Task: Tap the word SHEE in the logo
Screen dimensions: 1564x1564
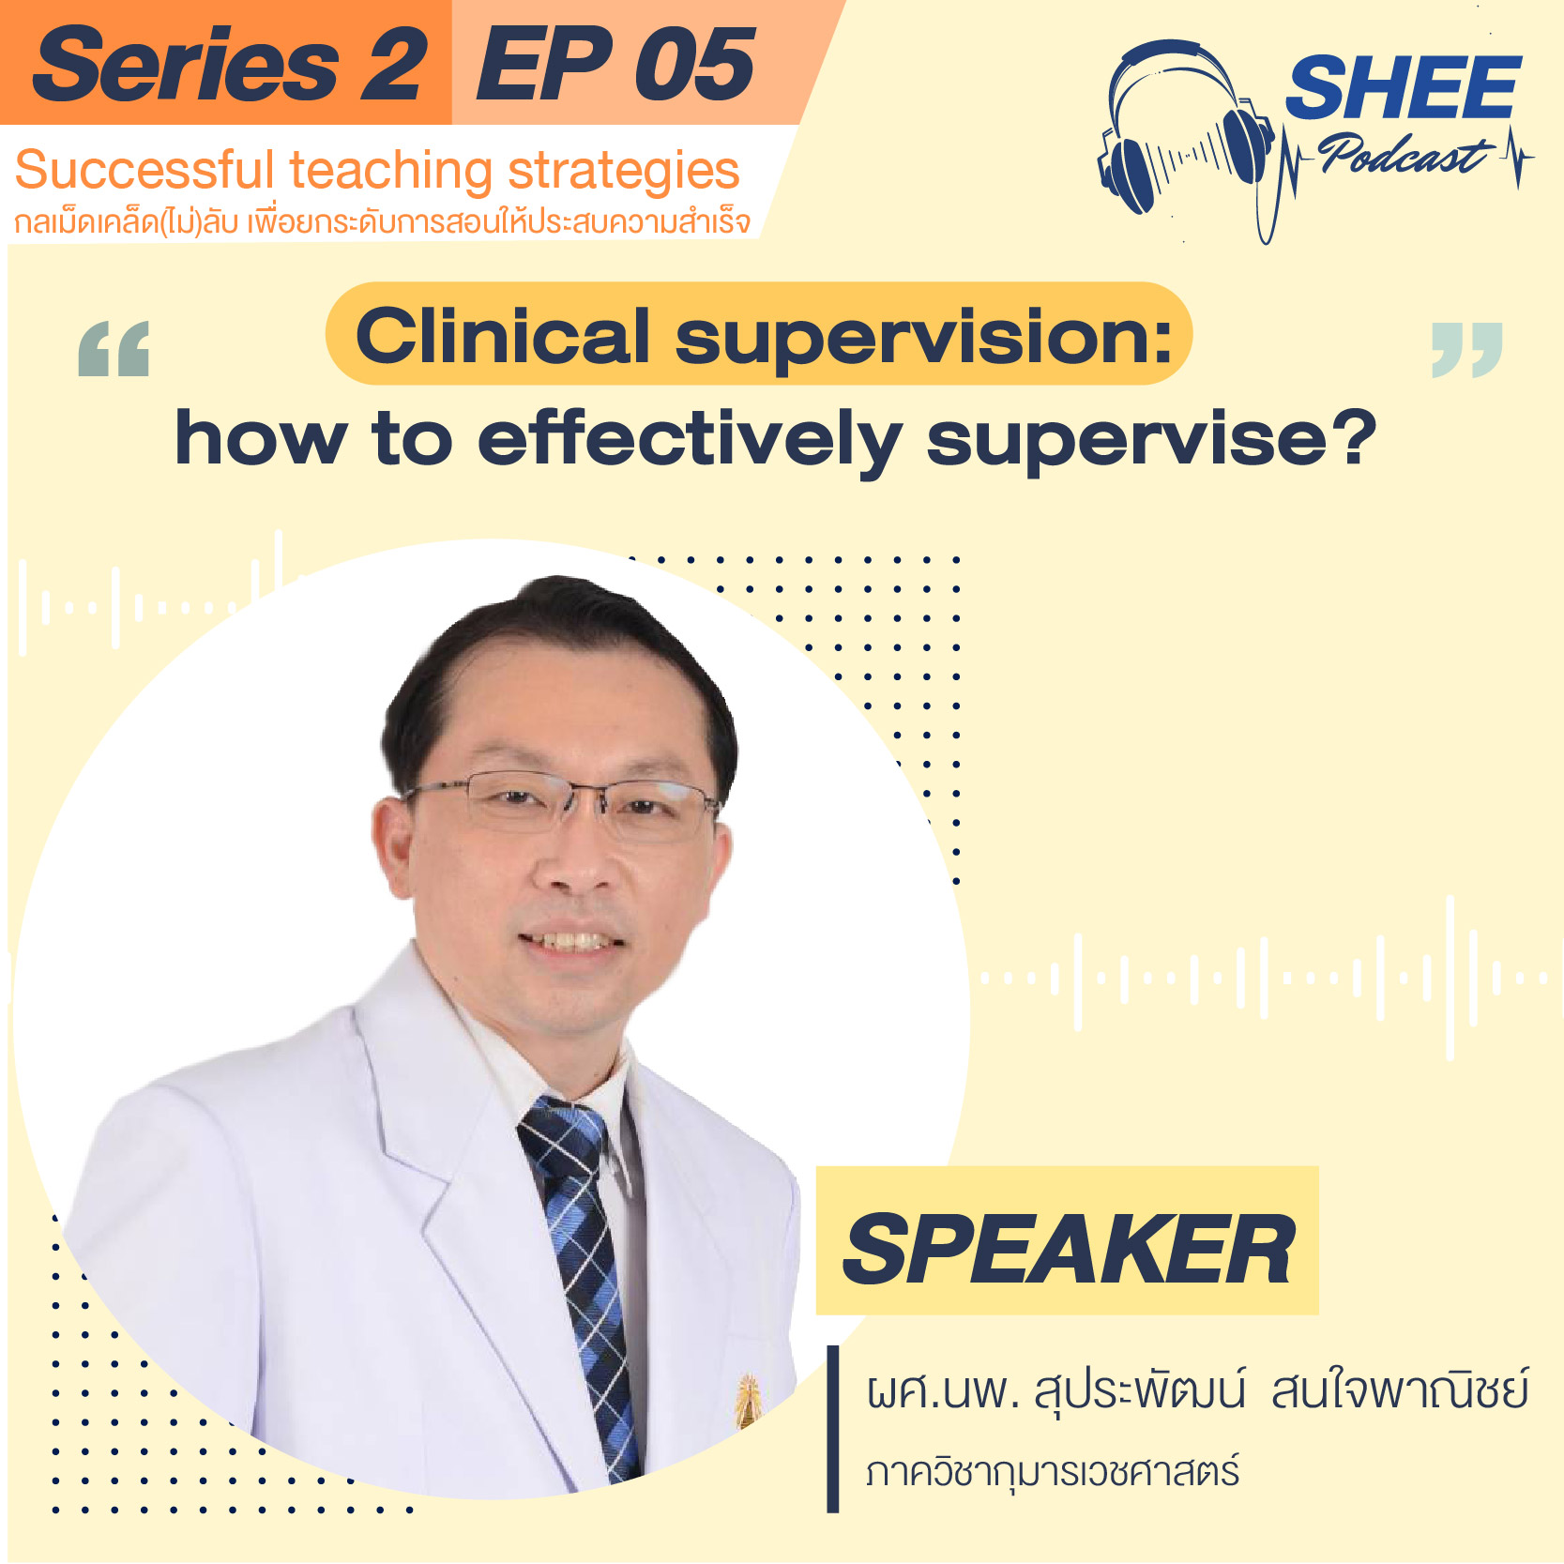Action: point(1403,87)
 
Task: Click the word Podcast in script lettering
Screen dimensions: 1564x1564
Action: point(1404,154)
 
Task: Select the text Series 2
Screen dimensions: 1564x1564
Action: point(230,64)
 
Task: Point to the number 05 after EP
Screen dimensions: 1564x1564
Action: point(694,64)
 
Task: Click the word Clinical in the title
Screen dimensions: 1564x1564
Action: point(503,336)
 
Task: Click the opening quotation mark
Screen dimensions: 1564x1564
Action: point(114,348)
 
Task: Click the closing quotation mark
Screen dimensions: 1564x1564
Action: point(1466,349)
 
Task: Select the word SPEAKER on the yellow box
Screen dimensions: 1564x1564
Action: point(1069,1249)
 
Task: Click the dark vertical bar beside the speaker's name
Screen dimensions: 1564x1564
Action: point(832,1429)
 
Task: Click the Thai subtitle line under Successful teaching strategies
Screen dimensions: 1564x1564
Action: point(383,221)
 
